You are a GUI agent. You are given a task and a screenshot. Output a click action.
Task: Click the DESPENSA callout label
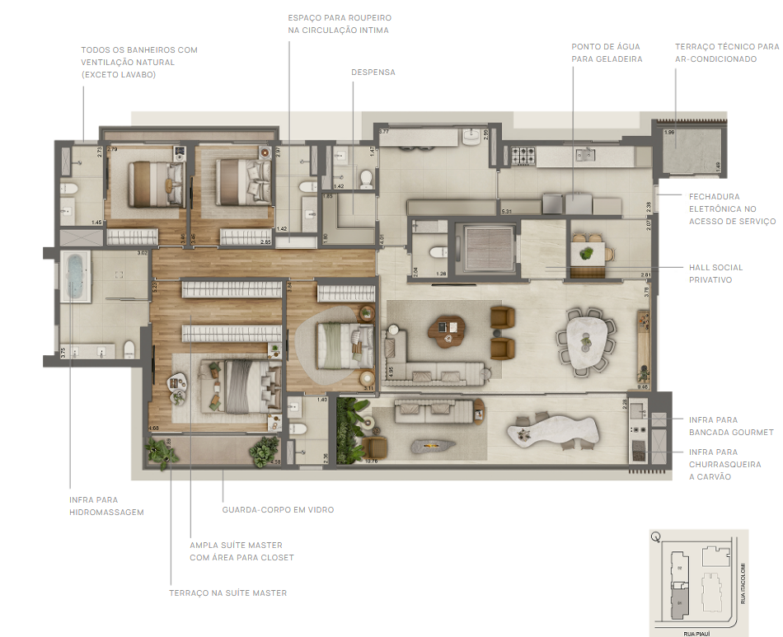(x=373, y=73)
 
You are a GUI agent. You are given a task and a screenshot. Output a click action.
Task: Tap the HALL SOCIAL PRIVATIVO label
(x=715, y=274)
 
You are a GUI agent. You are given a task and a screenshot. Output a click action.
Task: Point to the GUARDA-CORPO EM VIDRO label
(x=278, y=510)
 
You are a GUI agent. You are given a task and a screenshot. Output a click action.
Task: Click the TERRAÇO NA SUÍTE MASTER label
(x=227, y=593)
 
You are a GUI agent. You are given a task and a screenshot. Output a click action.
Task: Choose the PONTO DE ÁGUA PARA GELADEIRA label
(x=607, y=53)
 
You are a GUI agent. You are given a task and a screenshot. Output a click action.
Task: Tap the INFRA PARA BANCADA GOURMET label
(x=731, y=426)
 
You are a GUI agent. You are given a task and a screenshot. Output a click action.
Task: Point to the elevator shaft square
(x=490, y=246)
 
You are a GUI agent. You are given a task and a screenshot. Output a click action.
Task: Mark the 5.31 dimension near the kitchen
(x=506, y=212)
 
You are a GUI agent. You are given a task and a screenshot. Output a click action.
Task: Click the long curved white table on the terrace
(x=551, y=430)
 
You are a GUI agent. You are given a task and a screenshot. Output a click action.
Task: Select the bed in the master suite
(x=239, y=383)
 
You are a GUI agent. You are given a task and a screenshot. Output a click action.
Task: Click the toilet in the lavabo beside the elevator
(x=438, y=253)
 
